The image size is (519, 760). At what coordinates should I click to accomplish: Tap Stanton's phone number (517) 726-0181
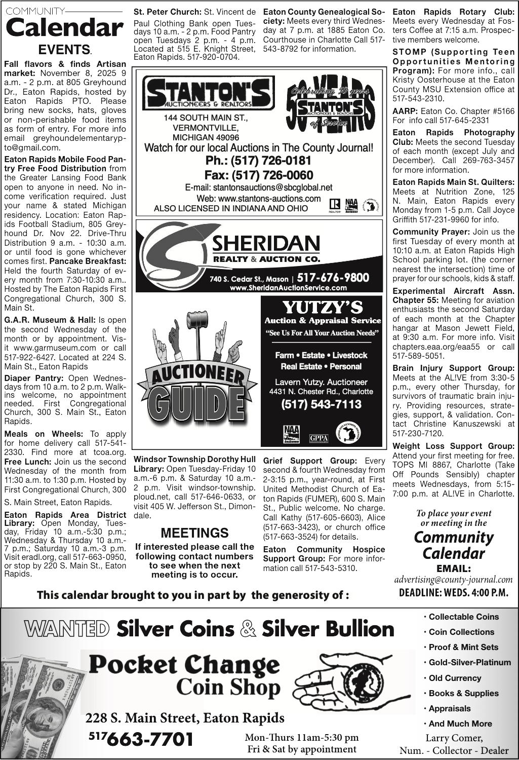click(258, 161)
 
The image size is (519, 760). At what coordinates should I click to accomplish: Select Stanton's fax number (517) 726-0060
click(258, 175)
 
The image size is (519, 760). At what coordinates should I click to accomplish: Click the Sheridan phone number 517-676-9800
click(333, 278)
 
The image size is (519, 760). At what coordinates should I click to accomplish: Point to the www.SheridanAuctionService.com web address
click(288, 288)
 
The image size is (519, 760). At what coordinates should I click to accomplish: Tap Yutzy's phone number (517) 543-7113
click(321, 404)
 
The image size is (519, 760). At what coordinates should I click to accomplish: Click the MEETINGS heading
click(194, 533)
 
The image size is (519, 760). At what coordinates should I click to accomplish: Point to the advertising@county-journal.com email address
click(453, 580)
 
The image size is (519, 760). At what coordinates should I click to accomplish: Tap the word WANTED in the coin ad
click(67, 629)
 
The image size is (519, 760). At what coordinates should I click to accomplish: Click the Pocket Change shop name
click(184, 664)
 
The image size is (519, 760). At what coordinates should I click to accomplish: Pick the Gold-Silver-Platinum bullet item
click(469, 662)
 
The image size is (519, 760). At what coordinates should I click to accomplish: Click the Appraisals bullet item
click(449, 708)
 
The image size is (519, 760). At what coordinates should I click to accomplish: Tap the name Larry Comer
click(454, 738)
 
